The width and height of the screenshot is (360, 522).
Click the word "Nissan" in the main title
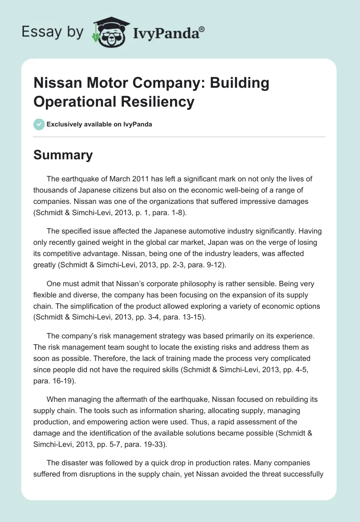point(58,83)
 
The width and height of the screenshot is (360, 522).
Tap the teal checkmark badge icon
point(39,124)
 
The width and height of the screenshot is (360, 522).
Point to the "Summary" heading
point(63,155)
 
